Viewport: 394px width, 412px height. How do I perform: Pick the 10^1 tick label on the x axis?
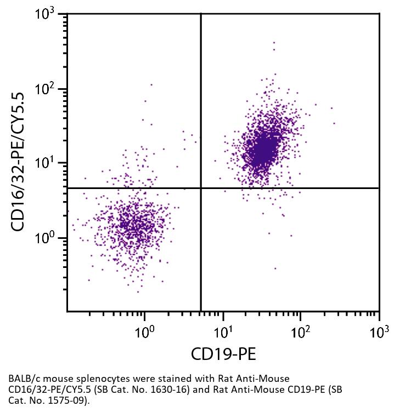222,331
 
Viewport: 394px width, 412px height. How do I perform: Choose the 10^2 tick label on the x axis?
300,331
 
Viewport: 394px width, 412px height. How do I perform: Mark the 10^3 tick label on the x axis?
378,331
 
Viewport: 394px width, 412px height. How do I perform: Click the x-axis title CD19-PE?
223,354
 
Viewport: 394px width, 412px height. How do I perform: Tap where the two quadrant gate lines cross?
201,188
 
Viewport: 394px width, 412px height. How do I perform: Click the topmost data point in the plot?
274,42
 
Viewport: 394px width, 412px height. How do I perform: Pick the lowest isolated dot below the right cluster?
275,268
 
